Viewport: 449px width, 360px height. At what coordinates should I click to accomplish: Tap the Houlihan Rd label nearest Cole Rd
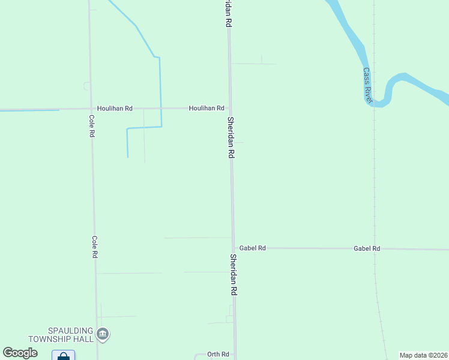115,109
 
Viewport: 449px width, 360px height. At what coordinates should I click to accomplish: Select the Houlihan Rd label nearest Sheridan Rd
206,109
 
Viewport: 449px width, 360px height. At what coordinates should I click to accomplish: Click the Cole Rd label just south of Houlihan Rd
92,126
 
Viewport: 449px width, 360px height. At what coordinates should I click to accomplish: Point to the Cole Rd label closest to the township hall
94,247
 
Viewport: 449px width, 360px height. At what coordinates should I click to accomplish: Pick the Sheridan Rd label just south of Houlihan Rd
231,137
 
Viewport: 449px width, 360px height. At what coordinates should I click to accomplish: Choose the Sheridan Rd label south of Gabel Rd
234,274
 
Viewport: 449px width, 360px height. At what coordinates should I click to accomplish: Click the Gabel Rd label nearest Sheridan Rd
252,248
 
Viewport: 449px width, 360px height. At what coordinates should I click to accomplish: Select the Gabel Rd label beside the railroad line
367,248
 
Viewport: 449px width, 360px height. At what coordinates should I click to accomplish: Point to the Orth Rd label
218,355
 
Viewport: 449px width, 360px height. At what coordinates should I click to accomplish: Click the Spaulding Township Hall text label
71,335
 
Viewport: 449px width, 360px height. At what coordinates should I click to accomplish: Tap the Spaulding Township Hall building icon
103,334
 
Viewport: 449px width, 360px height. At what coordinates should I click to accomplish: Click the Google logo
20,353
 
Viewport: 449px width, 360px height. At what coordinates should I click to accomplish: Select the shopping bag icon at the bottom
63,356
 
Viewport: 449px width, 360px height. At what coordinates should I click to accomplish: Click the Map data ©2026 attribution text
423,355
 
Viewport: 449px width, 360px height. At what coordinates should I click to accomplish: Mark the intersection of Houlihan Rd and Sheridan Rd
229,109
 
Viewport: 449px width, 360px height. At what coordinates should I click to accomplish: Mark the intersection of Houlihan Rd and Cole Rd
91,109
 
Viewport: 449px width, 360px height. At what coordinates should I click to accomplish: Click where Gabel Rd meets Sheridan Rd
234,248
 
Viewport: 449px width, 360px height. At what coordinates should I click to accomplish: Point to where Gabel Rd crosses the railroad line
375,248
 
